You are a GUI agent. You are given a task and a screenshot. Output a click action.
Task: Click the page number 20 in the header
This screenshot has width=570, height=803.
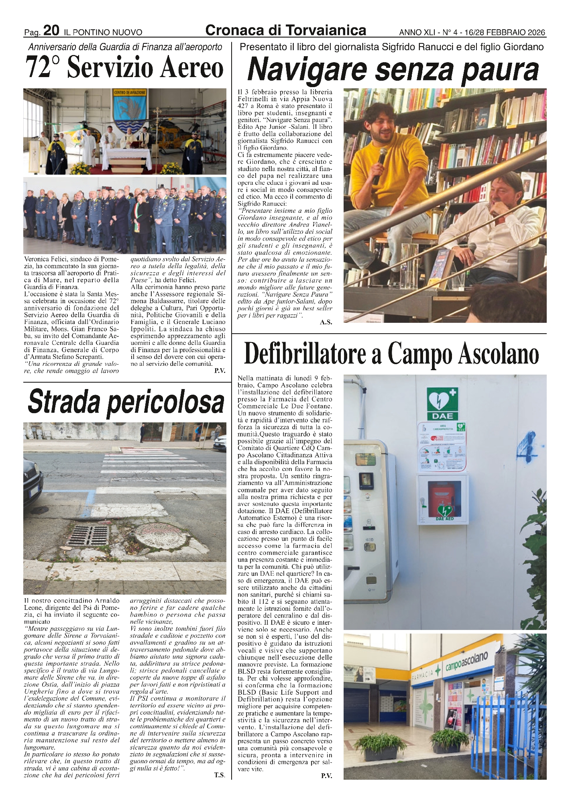click(x=51, y=31)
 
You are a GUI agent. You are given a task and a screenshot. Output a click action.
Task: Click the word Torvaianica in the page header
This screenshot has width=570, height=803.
click(x=326, y=31)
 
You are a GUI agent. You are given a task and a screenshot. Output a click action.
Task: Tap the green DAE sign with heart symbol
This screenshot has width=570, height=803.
click(x=442, y=404)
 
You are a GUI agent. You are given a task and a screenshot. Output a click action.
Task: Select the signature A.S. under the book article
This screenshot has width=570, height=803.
click(x=326, y=322)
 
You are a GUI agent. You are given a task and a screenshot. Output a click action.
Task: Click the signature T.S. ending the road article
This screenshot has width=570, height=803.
click(x=219, y=774)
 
